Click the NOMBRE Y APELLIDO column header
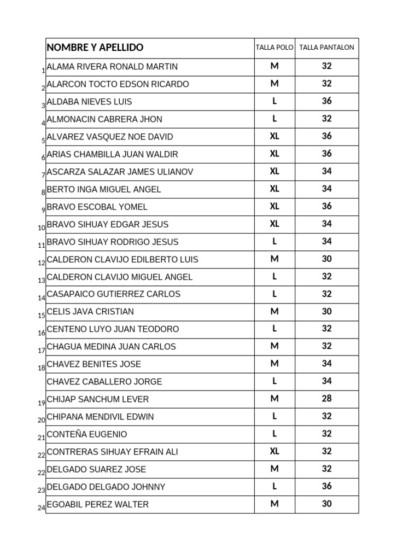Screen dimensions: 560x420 click(x=95, y=48)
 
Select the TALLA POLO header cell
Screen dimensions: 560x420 click(x=275, y=48)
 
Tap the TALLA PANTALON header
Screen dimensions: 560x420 click(x=326, y=48)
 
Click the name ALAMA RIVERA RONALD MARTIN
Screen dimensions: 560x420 click(x=112, y=67)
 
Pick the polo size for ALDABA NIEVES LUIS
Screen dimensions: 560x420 click(x=275, y=101)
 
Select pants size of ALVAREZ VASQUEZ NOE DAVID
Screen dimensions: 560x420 click(x=326, y=136)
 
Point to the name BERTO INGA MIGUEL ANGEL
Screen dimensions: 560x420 click(x=104, y=189)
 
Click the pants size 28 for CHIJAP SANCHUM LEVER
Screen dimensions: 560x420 click(x=326, y=399)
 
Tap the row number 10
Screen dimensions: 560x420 click(x=42, y=228)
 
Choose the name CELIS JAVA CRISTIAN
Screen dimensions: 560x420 click(x=90, y=312)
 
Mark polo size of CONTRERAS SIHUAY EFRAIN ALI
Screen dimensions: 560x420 click(x=275, y=451)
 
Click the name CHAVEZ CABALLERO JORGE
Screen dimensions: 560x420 click(x=104, y=382)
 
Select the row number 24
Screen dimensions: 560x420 click(x=42, y=508)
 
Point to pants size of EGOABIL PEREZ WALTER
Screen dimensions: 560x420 click(x=326, y=504)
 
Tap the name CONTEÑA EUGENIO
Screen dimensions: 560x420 click(x=87, y=434)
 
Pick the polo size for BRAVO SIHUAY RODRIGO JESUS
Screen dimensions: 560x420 click(x=275, y=241)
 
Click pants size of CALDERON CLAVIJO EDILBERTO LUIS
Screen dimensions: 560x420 click(x=326, y=259)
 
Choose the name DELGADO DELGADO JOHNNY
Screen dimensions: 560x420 click(x=106, y=487)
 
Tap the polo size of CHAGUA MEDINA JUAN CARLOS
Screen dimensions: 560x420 click(x=275, y=346)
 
